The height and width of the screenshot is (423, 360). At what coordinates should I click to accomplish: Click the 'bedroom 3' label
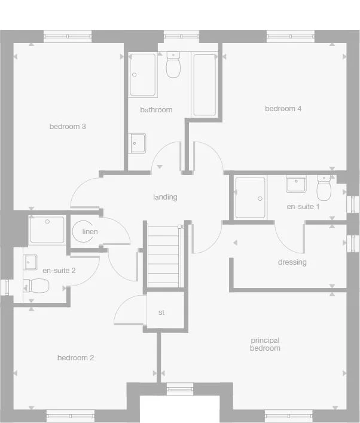[x=68, y=127]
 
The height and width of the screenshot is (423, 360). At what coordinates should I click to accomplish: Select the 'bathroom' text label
[x=156, y=110]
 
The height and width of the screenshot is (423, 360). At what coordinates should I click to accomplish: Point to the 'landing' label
[x=165, y=197]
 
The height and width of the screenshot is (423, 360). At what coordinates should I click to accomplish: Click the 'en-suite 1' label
[x=303, y=207]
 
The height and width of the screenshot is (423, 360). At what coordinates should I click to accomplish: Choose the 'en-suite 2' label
[x=59, y=270]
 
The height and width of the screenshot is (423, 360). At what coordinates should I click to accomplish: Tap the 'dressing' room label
[x=292, y=262]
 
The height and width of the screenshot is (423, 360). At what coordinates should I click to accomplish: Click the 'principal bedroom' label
[x=265, y=344]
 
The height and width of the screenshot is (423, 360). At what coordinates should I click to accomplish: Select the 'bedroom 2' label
[x=75, y=358]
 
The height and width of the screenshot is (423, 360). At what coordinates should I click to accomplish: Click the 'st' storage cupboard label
[x=161, y=312]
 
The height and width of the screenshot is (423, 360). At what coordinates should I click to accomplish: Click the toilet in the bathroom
[x=173, y=66]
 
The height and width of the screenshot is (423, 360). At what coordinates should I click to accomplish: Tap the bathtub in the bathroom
[x=204, y=84]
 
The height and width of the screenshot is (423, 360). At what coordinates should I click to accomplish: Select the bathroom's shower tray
[x=143, y=75]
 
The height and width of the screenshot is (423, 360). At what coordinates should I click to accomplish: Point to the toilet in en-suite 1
[x=324, y=189]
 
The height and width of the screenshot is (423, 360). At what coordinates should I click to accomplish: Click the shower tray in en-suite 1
[x=250, y=198]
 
